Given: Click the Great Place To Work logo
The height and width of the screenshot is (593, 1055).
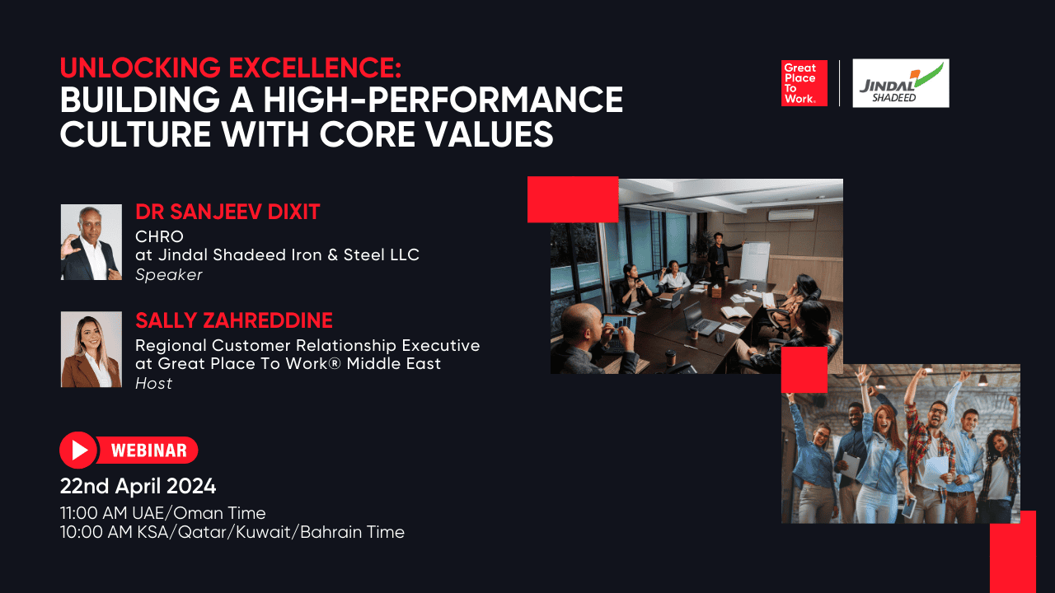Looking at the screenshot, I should (804, 83).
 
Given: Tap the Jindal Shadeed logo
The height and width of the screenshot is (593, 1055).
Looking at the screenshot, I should (900, 83).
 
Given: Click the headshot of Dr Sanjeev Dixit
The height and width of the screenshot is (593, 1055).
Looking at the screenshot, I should (91, 242).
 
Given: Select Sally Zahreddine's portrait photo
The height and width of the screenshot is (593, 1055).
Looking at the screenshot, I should (91, 349).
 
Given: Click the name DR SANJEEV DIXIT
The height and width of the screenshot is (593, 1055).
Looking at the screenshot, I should (227, 212).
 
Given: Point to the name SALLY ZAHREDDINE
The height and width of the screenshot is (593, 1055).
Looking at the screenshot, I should (233, 320).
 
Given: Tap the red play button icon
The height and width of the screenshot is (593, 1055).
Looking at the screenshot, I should (78, 450).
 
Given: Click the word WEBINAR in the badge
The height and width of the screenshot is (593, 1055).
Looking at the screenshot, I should (148, 451).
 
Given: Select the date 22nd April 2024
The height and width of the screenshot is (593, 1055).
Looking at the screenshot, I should (138, 485).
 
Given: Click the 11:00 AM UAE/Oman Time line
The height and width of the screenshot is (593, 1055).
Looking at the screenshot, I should (162, 513).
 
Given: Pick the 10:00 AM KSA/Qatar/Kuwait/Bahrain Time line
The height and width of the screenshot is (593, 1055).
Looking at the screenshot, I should (232, 532).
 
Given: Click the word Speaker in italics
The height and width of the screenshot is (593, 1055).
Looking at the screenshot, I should (168, 275).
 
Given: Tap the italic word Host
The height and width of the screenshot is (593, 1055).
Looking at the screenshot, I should (153, 383).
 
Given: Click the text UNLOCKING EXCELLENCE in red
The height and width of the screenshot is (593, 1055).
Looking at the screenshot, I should (230, 67).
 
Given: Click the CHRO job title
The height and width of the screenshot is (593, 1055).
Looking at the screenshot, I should (159, 236).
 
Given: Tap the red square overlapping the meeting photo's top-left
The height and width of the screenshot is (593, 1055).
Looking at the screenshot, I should (573, 199).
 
